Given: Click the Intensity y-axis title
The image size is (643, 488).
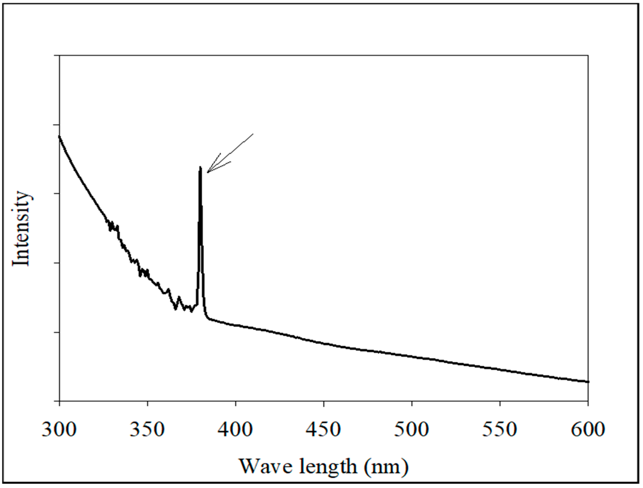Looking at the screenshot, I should coord(21,228).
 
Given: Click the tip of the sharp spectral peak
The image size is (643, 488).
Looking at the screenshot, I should coord(200,167).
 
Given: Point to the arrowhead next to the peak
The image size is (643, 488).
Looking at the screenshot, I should coord(208,172).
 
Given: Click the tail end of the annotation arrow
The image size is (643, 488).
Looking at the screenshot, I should coord(253,134).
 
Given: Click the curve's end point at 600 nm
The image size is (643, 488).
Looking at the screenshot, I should coord(588,382).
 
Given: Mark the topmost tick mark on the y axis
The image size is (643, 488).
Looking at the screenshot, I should coord(57,55).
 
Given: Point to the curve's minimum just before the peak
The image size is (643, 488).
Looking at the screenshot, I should coord(191,311).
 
